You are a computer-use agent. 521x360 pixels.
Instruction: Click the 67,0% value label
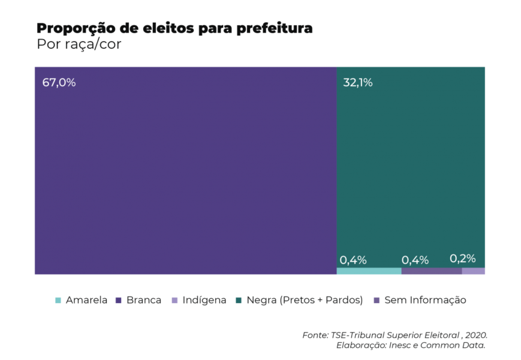pyautogui.click(x=59, y=83)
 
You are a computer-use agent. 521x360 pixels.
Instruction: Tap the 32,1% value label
pyautogui.click(x=357, y=83)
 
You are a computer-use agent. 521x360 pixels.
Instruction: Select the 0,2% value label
pyautogui.click(x=462, y=259)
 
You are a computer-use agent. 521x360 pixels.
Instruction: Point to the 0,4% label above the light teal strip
pyautogui.click(x=353, y=260)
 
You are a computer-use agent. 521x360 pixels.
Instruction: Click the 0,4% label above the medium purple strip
pyautogui.click(x=415, y=260)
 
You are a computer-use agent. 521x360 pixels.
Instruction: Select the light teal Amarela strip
pyautogui.click(x=369, y=271)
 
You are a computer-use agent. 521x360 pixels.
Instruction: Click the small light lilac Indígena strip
pyautogui.click(x=474, y=271)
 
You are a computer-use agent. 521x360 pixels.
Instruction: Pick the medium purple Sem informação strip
pyautogui.click(x=432, y=271)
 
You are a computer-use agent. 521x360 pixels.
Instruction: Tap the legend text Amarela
pyautogui.click(x=86, y=300)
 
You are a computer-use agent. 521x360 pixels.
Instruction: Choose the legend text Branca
pyautogui.click(x=144, y=300)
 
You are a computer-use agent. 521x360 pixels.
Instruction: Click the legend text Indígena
pyautogui.click(x=204, y=300)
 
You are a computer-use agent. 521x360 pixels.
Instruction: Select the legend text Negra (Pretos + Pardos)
pyautogui.click(x=305, y=300)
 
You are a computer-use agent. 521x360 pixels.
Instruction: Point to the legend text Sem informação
pyautogui.click(x=425, y=300)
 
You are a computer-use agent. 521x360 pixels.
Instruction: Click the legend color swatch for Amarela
pyautogui.click(x=58, y=300)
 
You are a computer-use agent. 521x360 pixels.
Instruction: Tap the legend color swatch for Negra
pyautogui.click(x=239, y=300)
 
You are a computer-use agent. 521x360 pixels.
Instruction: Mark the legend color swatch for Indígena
pyautogui.click(x=174, y=300)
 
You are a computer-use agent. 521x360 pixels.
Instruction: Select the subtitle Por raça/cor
pyautogui.click(x=79, y=45)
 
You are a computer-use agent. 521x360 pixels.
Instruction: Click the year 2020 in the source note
pyautogui.click(x=476, y=335)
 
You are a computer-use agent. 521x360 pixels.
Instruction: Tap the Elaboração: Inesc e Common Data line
pyautogui.click(x=411, y=345)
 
